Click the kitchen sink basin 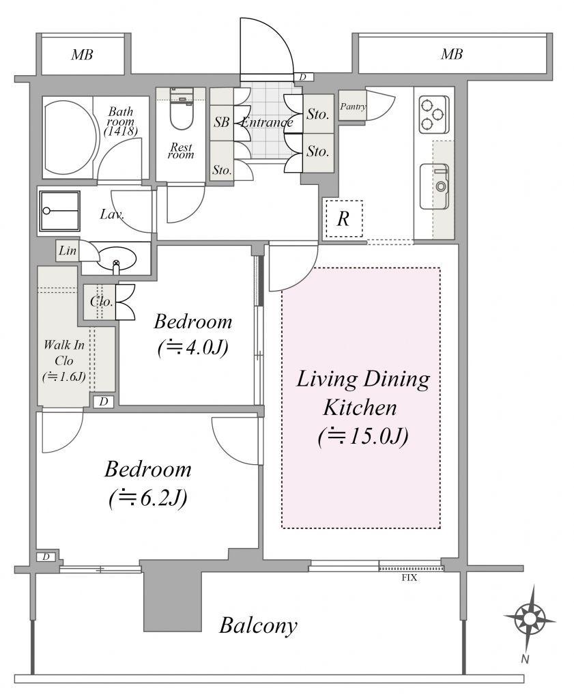(435, 186)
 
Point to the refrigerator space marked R (343, 219)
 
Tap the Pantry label (353, 106)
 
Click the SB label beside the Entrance (222, 122)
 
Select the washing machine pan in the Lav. (59, 211)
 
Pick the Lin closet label (68, 251)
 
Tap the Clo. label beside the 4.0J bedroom (101, 301)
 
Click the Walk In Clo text (64, 353)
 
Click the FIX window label (410, 578)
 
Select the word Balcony (258, 625)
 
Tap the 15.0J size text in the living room (363, 437)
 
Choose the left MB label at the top (83, 55)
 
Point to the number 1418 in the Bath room (120, 132)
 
